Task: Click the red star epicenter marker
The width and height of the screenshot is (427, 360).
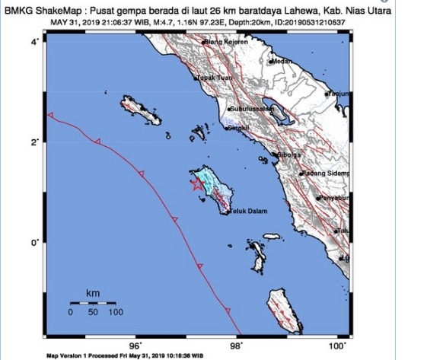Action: (196, 183)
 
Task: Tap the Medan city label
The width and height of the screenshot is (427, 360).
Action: (284, 60)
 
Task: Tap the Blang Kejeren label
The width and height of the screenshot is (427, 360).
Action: (229, 43)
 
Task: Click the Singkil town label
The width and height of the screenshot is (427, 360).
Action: (240, 129)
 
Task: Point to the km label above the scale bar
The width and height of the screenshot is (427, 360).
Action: (93, 293)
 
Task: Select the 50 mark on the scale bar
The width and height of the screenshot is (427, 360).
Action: (93, 312)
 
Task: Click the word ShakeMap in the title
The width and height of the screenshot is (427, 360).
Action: (57, 10)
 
